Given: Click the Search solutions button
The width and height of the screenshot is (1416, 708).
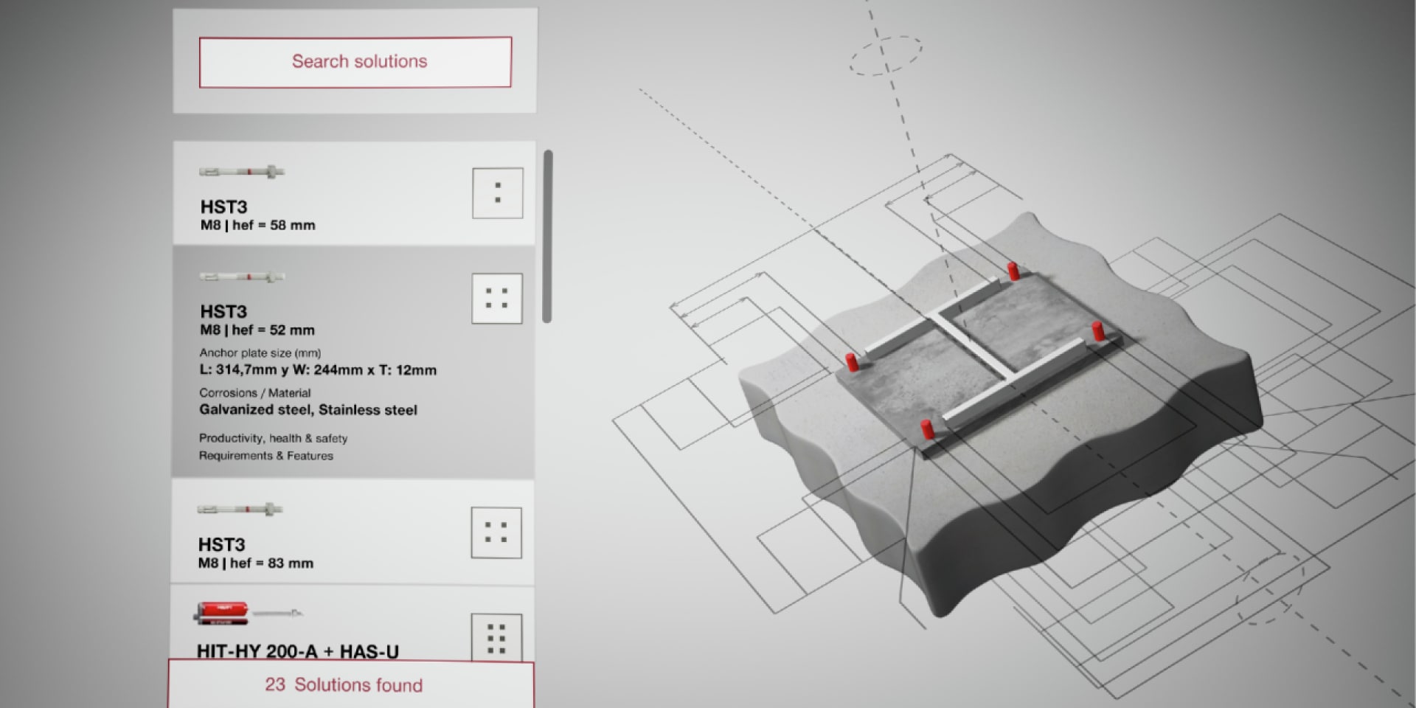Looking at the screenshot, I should [355, 62].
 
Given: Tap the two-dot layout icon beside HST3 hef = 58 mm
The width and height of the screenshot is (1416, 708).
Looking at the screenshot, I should [498, 193].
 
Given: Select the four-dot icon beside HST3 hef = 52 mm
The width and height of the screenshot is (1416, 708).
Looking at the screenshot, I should [497, 299].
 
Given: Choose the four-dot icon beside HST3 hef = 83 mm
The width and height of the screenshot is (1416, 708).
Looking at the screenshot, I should [496, 532].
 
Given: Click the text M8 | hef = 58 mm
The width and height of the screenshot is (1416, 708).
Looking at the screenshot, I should [257, 226].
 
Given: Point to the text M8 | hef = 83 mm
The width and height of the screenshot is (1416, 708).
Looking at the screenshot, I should [255, 563].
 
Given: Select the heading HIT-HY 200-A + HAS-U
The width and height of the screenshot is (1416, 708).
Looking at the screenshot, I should [297, 651].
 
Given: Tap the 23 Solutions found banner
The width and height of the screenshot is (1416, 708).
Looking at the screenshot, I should [351, 685].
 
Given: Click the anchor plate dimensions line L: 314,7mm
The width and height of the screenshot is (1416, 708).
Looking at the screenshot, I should [318, 370].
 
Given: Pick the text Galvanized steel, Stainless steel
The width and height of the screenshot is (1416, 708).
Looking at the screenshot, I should [308, 410].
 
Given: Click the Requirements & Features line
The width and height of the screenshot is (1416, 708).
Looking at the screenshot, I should [265, 456].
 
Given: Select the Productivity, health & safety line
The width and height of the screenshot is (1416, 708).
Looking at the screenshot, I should [273, 438].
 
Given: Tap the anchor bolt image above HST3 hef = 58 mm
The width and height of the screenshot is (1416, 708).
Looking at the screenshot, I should [242, 172].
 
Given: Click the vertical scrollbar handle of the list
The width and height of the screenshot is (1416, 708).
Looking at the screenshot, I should [547, 236].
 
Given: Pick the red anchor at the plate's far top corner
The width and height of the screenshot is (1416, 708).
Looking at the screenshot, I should [1014, 271].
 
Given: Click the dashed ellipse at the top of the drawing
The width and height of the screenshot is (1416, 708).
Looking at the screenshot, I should [885, 55].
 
